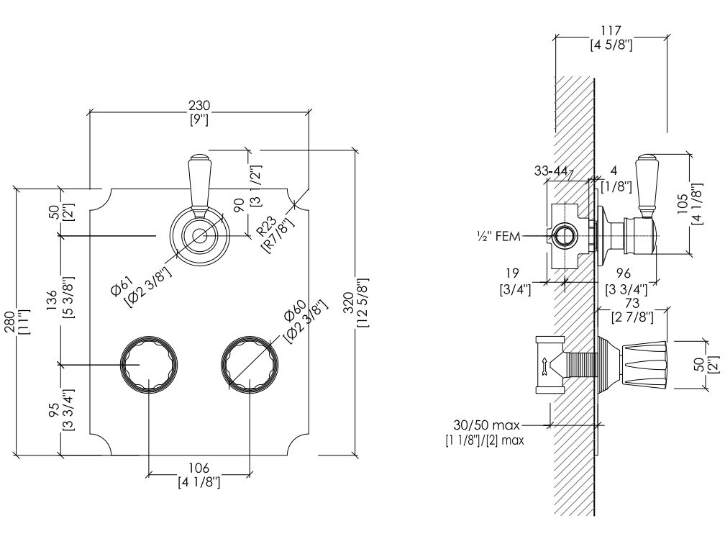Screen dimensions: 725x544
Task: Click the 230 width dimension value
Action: click(x=199, y=105)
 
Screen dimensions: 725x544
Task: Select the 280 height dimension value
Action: click(x=9, y=322)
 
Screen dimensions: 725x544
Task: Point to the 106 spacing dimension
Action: click(x=199, y=468)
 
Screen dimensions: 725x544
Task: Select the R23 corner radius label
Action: click(x=267, y=227)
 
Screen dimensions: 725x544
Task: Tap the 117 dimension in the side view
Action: click(x=611, y=31)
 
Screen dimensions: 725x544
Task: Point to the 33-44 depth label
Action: click(x=551, y=171)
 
